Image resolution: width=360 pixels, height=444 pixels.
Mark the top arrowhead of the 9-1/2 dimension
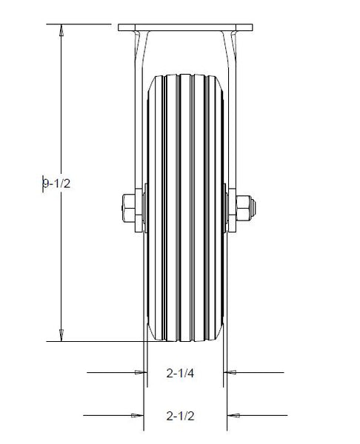[x=61, y=30]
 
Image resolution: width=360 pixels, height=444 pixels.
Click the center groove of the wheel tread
[x=185, y=207]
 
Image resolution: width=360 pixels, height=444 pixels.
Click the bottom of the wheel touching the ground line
[x=185, y=340]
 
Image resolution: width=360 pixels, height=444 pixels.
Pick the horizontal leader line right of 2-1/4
[x=259, y=373]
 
